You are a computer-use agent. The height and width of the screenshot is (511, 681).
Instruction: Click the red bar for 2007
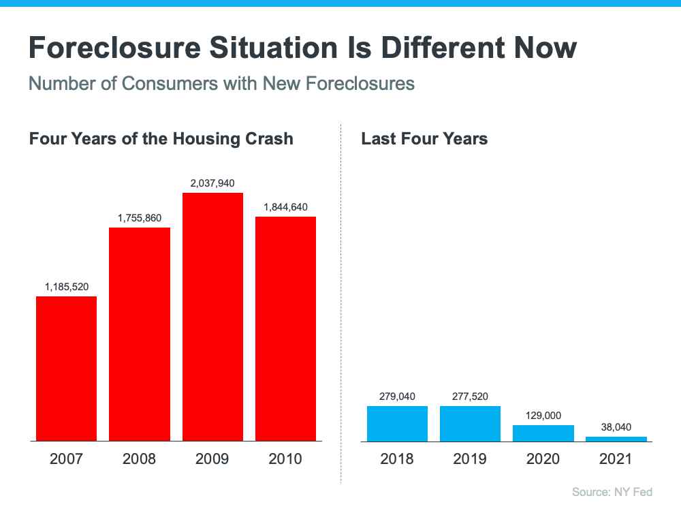tap(66, 369)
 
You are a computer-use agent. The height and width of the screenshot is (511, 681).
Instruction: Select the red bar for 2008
tap(139, 334)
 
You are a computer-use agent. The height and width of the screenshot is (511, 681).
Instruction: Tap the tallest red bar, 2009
tap(212, 317)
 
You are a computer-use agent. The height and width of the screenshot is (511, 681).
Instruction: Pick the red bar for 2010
tap(285, 328)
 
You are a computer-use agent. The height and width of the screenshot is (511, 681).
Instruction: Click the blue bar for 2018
tap(397, 424)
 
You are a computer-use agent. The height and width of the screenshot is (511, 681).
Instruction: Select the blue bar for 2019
tap(470, 424)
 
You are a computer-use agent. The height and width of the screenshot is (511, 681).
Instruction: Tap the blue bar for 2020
tap(543, 433)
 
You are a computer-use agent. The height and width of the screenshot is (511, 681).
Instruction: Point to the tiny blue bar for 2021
tap(616, 439)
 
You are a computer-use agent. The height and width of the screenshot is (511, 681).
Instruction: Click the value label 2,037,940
tap(212, 183)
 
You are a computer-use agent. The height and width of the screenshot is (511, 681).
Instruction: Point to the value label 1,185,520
tap(66, 286)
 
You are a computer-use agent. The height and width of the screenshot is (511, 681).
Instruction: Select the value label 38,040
tap(616, 427)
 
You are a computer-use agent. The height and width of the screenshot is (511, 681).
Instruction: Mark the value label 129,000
tap(543, 415)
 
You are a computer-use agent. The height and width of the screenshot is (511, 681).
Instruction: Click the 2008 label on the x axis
tap(139, 459)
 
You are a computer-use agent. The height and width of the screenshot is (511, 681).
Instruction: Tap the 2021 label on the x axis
tap(616, 459)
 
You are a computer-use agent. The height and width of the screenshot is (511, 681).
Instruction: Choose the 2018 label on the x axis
tap(397, 459)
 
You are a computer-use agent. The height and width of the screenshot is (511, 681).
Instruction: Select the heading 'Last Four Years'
tap(424, 139)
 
